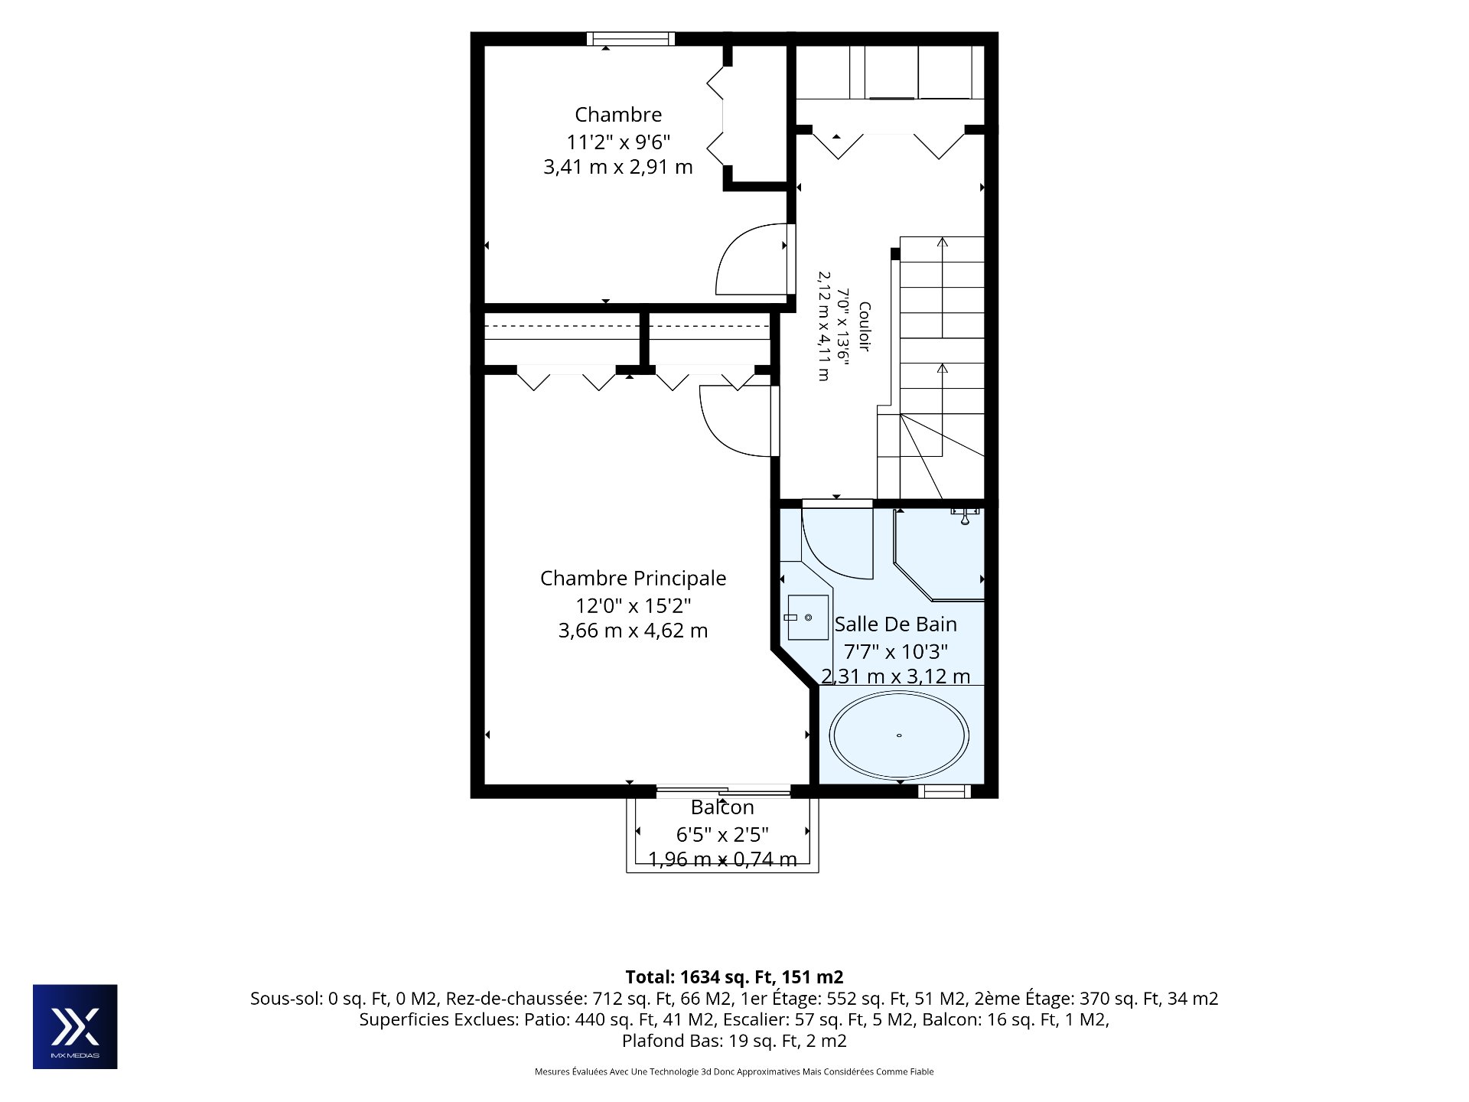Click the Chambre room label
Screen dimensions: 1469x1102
coord(618,115)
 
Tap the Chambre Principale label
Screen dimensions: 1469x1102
coord(633,579)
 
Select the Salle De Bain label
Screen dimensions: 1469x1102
coord(895,624)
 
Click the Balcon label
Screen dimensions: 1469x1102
coord(722,807)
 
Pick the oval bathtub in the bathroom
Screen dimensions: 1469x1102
coord(899,735)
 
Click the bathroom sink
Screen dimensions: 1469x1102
coord(808,618)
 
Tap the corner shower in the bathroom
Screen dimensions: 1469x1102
coord(940,555)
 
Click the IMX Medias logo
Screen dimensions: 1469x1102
coord(75,1026)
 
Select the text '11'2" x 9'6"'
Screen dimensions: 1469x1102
coord(618,142)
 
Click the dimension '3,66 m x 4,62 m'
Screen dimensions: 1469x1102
coord(633,631)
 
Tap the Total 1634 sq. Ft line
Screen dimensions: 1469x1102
coord(734,977)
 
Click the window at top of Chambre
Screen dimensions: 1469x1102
coord(631,39)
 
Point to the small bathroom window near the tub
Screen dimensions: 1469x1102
coord(944,791)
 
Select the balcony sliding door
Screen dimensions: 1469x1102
coord(723,791)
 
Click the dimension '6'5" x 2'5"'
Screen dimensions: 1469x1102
coord(722,834)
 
